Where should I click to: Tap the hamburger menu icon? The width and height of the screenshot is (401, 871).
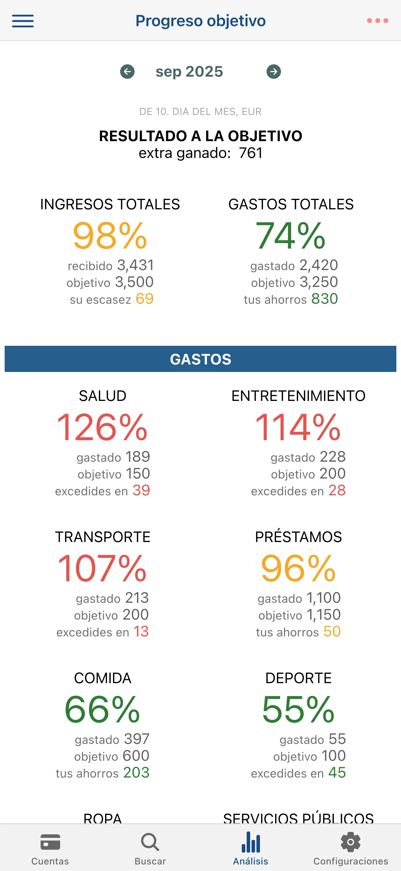tap(23, 21)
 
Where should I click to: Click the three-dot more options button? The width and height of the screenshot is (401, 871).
tap(377, 21)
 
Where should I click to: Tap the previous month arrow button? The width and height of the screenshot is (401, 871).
tap(127, 72)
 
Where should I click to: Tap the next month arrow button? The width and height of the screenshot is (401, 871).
tap(274, 72)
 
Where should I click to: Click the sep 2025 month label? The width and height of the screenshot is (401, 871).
tap(189, 72)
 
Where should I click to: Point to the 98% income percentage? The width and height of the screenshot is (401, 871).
tap(110, 236)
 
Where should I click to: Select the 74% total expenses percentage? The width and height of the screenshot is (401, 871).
tap(291, 236)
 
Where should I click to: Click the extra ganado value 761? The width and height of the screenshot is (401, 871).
tap(251, 153)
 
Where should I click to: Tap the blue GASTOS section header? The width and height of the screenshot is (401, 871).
tap(200, 359)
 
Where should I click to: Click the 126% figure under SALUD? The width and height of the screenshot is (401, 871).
tap(102, 427)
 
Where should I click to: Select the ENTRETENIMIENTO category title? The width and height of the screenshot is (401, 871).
tap(298, 396)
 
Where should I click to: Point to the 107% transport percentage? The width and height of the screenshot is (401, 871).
tap(102, 569)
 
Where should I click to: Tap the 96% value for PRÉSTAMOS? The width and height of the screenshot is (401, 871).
tap(298, 569)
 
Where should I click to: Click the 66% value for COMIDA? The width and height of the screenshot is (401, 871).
tap(102, 709)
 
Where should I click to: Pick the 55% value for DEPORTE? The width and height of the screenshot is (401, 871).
tap(298, 709)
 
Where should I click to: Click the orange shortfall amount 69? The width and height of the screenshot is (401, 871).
tap(145, 299)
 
